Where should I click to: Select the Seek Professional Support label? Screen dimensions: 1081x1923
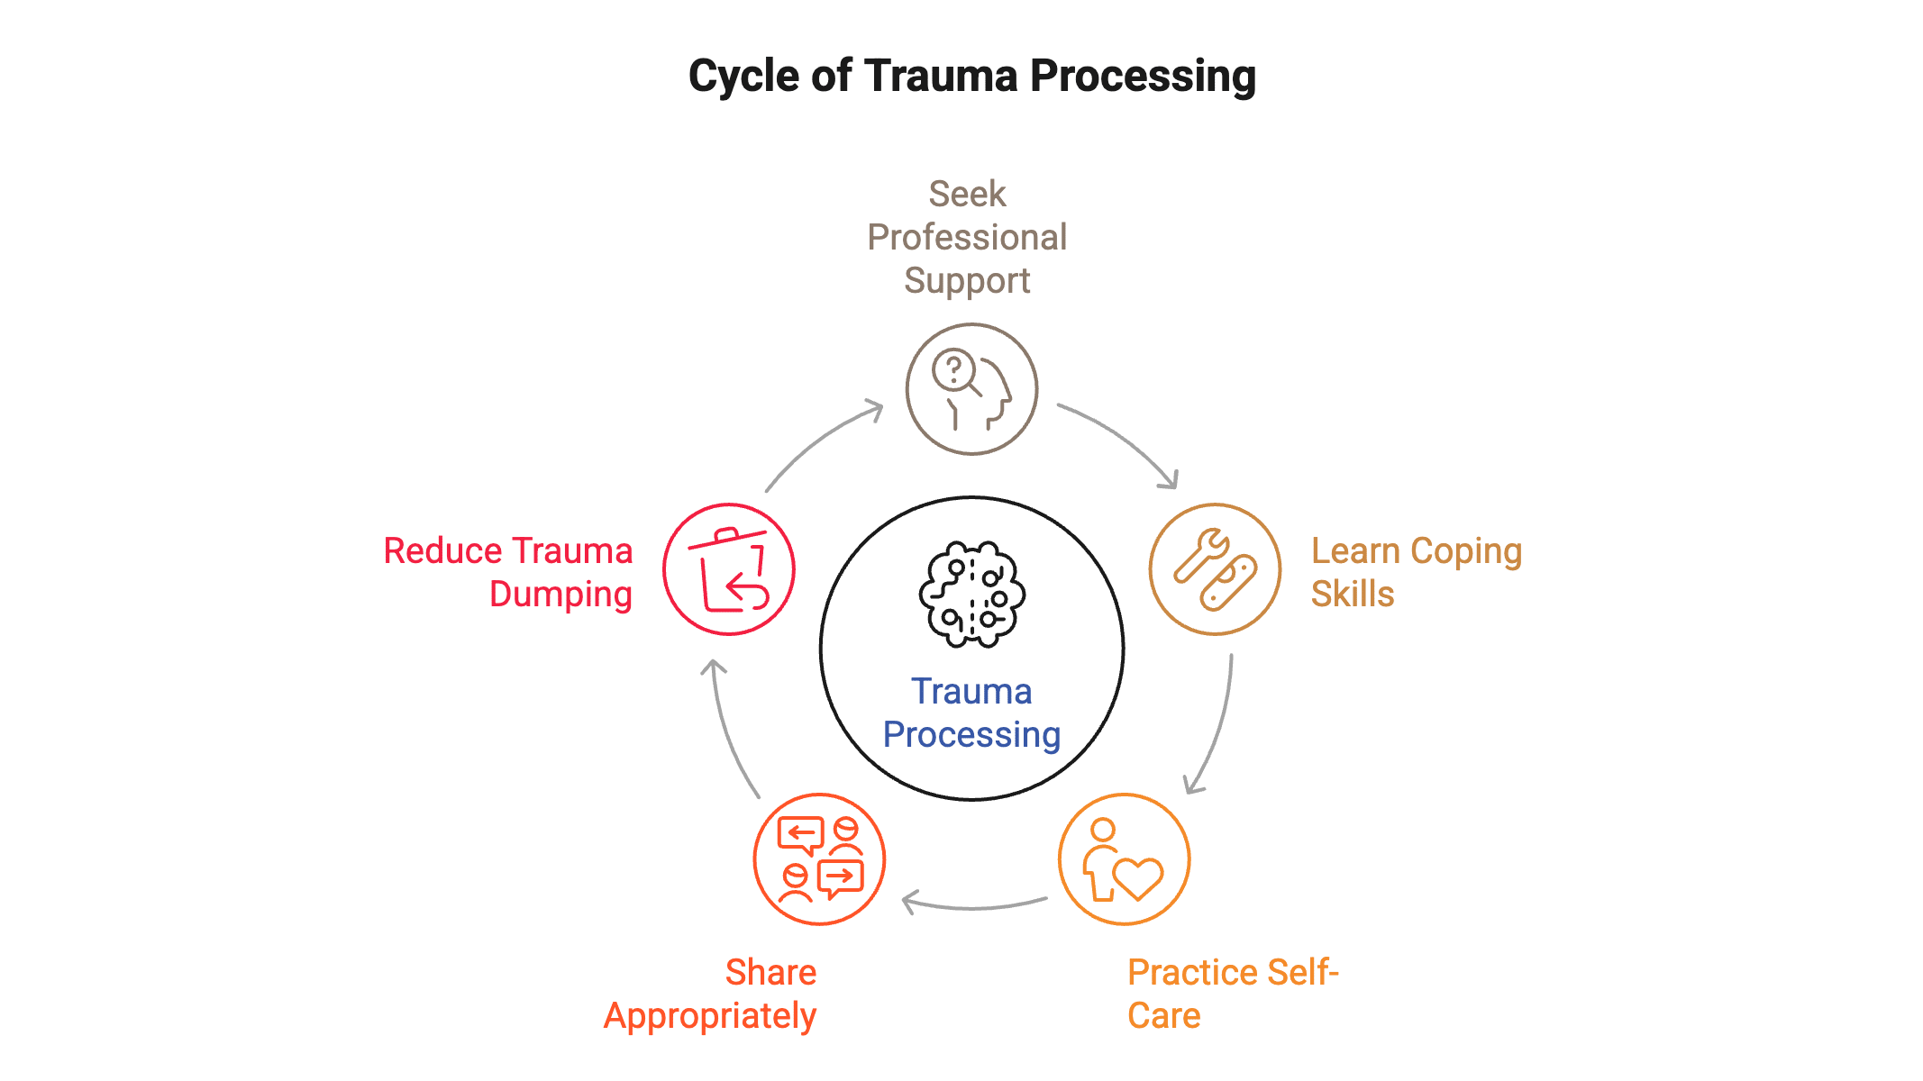(x=967, y=237)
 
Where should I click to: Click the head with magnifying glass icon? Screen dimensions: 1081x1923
(x=971, y=389)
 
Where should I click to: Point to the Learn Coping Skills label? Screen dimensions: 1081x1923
(x=1415, y=572)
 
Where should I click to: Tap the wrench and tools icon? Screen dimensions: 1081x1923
(x=1215, y=569)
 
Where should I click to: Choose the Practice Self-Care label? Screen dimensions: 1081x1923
(x=1232, y=994)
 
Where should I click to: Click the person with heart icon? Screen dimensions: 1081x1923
(x=1124, y=859)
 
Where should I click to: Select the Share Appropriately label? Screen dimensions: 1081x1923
(x=710, y=994)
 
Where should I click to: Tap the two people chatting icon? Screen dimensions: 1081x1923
(x=819, y=859)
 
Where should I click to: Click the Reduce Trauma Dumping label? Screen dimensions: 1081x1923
(x=509, y=572)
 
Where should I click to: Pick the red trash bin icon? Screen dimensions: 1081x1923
(x=729, y=569)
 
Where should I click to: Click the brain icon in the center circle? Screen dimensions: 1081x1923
(x=971, y=595)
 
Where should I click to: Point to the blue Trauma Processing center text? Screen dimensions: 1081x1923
(x=971, y=713)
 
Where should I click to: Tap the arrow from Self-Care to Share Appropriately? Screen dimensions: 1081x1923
(x=973, y=904)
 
